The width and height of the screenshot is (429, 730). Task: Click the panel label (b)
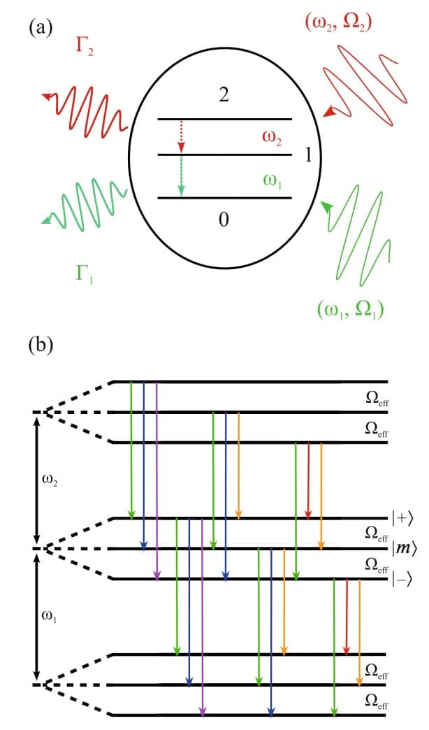[40, 345]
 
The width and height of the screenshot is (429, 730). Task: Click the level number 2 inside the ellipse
[224, 96]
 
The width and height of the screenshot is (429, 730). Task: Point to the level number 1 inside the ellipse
[309, 155]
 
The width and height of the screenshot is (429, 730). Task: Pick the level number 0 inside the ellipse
[224, 220]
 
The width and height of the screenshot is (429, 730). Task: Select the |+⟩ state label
[403, 519]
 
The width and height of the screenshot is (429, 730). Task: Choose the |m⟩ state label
[404, 549]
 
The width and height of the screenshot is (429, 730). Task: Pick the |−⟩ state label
[404, 579]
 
